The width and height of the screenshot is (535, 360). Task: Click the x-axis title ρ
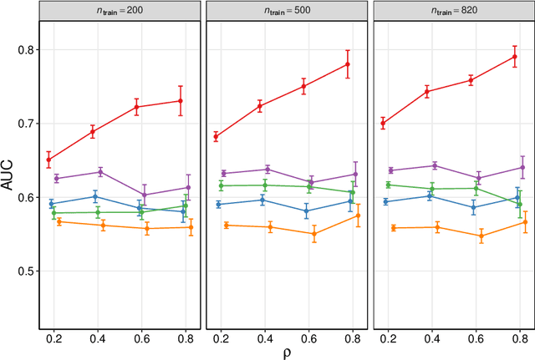tap(287, 352)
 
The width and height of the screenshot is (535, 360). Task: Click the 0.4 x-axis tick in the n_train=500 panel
tap(264, 337)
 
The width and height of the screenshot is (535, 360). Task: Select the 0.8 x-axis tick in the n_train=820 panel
tap(519, 337)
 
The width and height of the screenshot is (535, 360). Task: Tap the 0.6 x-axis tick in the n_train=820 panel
tap(476, 337)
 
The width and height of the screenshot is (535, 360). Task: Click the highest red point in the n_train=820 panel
tap(514, 57)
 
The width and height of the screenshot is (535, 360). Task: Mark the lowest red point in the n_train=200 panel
tap(48, 160)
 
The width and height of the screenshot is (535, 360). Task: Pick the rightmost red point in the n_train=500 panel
tap(347, 64)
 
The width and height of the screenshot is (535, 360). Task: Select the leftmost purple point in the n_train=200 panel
tap(57, 178)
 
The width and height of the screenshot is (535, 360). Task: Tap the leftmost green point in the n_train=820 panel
tap(388, 185)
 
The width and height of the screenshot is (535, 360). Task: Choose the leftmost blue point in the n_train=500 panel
tap(218, 204)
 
